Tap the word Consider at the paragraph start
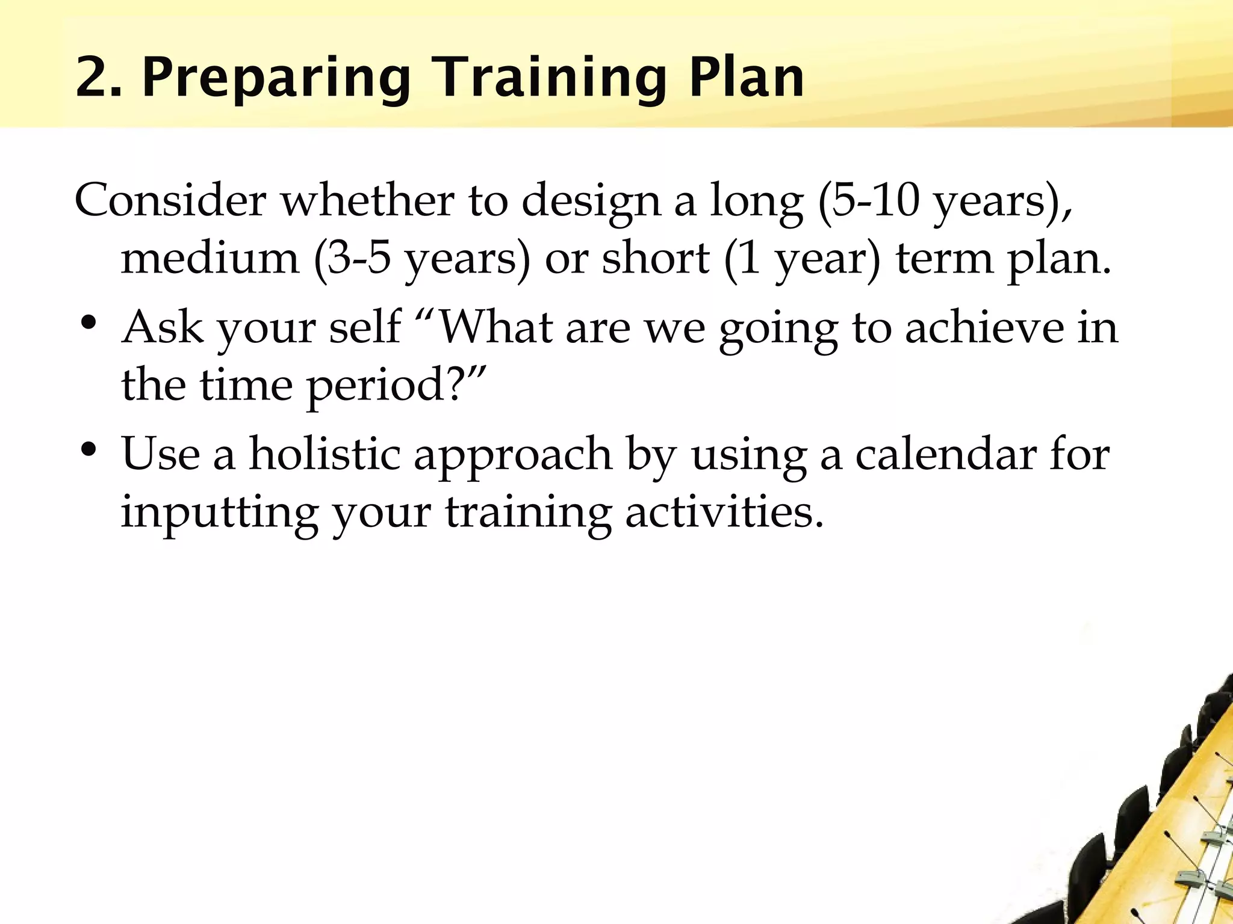click(170, 200)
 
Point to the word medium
click(210, 259)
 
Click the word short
click(656, 259)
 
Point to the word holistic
click(325, 454)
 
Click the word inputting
click(219, 513)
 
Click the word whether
click(368, 200)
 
